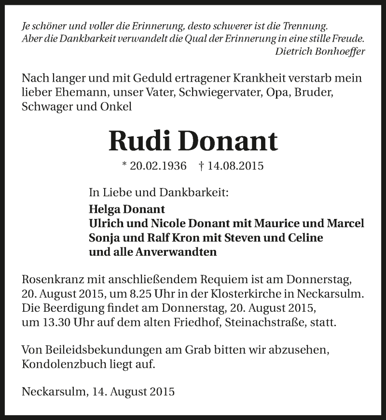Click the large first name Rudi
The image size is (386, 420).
point(139,140)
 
